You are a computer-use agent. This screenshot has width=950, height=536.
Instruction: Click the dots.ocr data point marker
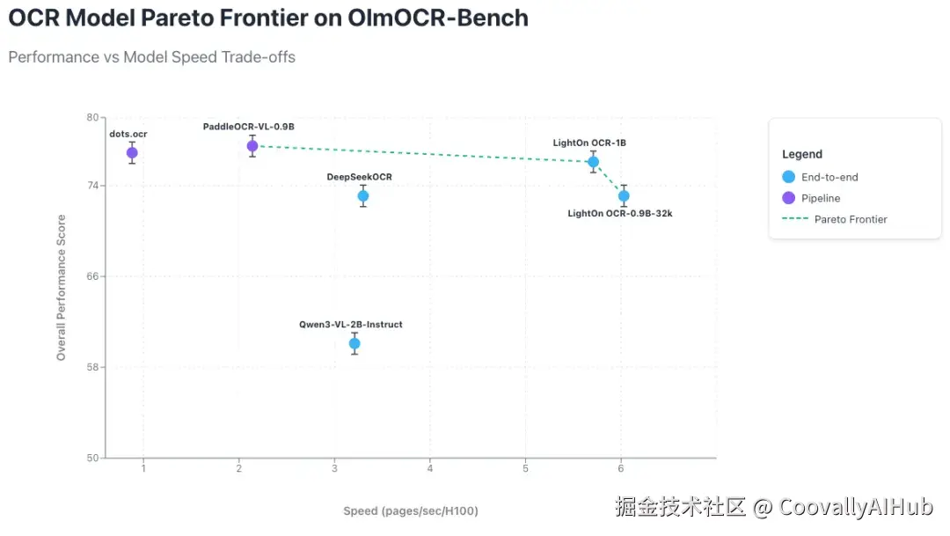(132, 153)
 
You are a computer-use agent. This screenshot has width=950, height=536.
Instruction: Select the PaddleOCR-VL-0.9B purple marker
(252, 146)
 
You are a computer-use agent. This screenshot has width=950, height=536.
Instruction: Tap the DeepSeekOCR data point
(362, 196)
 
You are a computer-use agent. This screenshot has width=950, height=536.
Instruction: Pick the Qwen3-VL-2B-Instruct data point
(354, 343)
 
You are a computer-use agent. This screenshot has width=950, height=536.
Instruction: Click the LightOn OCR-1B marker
(594, 162)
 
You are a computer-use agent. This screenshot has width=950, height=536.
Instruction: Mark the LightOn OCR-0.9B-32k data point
(624, 196)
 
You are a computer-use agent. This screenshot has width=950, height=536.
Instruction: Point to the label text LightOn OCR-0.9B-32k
(619, 214)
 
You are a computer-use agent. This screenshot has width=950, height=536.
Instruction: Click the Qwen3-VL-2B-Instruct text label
(350, 325)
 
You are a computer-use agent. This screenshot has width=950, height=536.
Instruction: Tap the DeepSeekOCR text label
(359, 177)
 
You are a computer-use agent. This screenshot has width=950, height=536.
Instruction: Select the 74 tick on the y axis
(92, 186)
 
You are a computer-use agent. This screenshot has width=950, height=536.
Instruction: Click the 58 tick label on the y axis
(92, 367)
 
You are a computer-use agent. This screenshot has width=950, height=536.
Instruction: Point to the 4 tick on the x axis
(430, 467)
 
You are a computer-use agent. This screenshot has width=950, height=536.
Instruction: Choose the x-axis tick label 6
(621, 467)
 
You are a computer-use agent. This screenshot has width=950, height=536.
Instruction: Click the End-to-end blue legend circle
(789, 177)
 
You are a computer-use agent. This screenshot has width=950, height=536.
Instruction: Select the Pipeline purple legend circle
(789, 198)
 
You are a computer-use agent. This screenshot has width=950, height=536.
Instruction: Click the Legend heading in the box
(802, 154)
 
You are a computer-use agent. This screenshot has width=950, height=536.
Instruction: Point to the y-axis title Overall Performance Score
(62, 288)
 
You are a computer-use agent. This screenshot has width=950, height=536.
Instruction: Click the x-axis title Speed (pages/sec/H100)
(410, 511)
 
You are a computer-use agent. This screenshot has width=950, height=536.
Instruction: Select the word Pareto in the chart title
(206, 17)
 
